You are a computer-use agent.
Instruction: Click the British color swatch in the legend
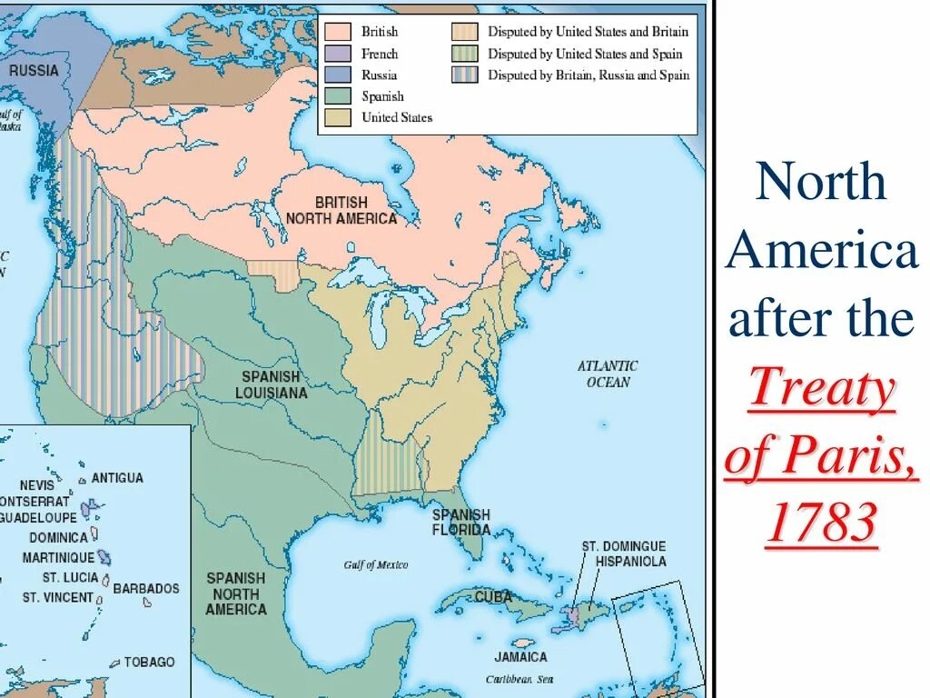338,31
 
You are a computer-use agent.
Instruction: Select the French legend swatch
338,54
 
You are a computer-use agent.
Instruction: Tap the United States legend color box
338,117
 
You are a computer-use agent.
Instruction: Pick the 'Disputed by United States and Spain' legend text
588,54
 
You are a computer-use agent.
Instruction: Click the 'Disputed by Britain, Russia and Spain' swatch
464,75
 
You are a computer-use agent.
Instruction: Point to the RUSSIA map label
34,70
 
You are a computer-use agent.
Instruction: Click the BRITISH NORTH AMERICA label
341,210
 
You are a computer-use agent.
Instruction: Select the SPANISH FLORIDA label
460,522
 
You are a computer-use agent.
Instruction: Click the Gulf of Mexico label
376,565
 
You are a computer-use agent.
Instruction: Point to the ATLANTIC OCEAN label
608,374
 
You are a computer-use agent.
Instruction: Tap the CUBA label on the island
494,597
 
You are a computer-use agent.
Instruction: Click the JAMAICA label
520,656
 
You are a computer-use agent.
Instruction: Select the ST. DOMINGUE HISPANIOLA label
624,553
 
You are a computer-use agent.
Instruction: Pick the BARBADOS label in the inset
146,588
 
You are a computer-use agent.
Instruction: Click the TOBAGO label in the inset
149,662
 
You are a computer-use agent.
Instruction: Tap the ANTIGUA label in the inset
116,477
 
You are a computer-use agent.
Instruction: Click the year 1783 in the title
822,523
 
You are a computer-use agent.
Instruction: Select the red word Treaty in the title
822,392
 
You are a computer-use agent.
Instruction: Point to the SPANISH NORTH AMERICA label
235,593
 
